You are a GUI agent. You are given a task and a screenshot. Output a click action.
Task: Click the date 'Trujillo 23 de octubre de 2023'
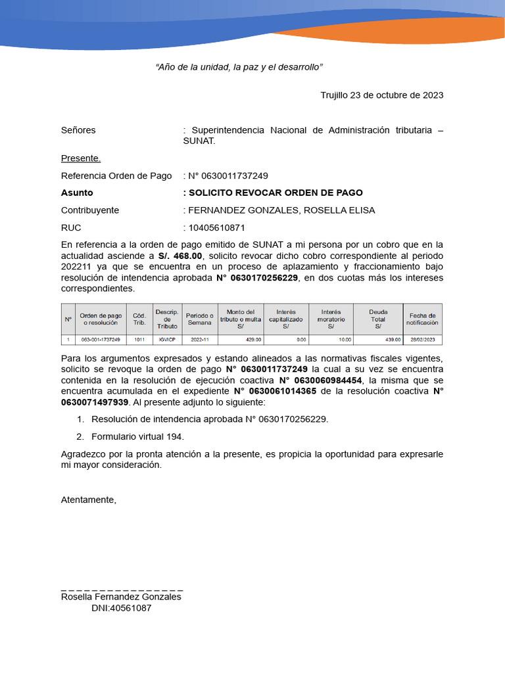[381, 95]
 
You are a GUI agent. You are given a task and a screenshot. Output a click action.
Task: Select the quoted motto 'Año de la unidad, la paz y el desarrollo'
[239, 68]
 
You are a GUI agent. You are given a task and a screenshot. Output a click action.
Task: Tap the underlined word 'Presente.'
[81, 158]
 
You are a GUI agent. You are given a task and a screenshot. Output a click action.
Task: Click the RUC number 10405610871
[216, 227]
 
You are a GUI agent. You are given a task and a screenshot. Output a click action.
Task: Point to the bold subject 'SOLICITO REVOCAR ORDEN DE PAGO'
[276, 193]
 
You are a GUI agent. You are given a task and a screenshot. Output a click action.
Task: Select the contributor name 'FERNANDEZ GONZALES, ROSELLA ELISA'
[281, 210]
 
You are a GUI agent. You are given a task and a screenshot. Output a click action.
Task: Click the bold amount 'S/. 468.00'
[181, 255]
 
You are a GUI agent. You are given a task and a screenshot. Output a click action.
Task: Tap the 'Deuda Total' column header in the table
[377, 319]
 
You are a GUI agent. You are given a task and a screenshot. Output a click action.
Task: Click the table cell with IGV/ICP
[167, 340]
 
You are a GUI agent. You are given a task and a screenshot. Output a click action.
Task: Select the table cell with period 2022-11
[199, 340]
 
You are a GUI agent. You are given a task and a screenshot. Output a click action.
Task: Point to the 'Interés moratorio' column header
[331, 319]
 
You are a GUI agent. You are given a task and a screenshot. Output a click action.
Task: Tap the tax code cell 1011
[139, 340]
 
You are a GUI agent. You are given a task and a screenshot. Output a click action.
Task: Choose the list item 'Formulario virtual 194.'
[137, 436]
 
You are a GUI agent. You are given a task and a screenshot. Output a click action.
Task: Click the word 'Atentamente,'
[88, 499]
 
